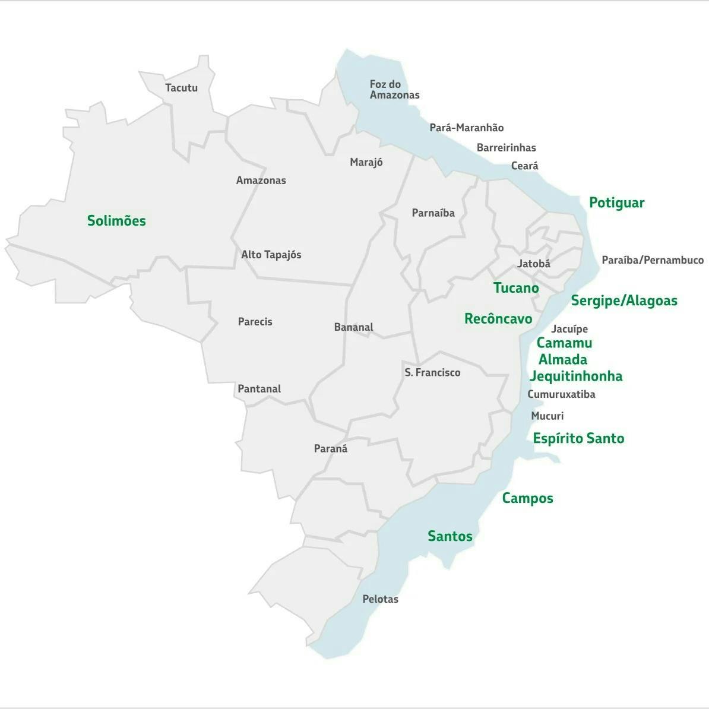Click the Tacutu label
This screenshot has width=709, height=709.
[x=181, y=88]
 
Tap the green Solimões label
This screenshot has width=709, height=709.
[x=116, y=221]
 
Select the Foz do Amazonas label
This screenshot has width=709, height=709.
[x=394, y=90]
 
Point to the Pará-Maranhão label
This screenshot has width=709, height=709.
[x=466, y=128]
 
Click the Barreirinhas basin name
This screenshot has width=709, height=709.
[x=506, y=148]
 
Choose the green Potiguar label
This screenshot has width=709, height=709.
[x=616, y=203]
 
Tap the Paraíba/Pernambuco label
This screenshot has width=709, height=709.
[x=652, y=260]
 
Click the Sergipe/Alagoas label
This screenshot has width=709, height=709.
[x=623, y=300]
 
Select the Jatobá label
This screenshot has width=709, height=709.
[x=533, y=264]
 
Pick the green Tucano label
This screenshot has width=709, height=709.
[x=516, y=288]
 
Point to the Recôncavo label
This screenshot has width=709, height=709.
[x=498, y=319]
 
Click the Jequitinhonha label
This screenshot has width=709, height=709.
[x=575, y=376]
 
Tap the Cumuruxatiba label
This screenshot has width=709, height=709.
[x=561, y=394]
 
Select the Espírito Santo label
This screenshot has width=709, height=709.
[x=578, y=438]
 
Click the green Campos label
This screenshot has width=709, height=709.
[x=527, y=498]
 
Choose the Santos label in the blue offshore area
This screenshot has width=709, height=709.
[x=450, y=536]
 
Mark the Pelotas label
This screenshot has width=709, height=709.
[x=380, y=599]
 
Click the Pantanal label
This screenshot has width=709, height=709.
[x=259, y=389]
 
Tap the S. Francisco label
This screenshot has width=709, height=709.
[x=432, y=372]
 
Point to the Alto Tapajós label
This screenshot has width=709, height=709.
[x=271, y=255]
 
